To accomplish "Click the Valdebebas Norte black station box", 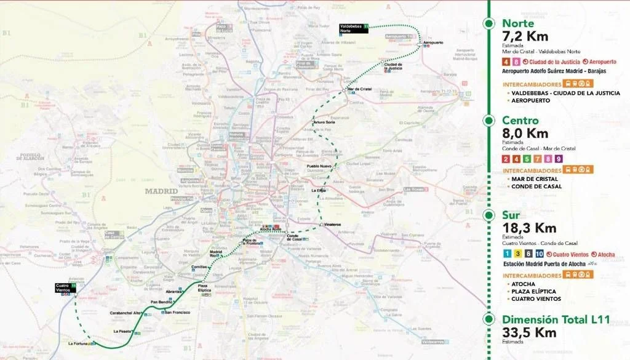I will tap(354, 28).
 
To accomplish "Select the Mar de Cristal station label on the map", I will tap(361, 89).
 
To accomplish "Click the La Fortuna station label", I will tap(79, 343).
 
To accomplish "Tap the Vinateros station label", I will tap(332, 225).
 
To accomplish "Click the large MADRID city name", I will tap(161, 191).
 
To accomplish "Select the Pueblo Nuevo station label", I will tap(319, 166).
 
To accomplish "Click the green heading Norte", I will tap(518, 23).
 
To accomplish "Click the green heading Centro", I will tap(520, 121).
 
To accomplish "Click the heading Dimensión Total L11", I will tap(556, 319).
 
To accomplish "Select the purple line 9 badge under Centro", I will tap(559, 159).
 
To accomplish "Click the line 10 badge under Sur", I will tap(539, 254).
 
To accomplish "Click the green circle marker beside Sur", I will tap(488, 215).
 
